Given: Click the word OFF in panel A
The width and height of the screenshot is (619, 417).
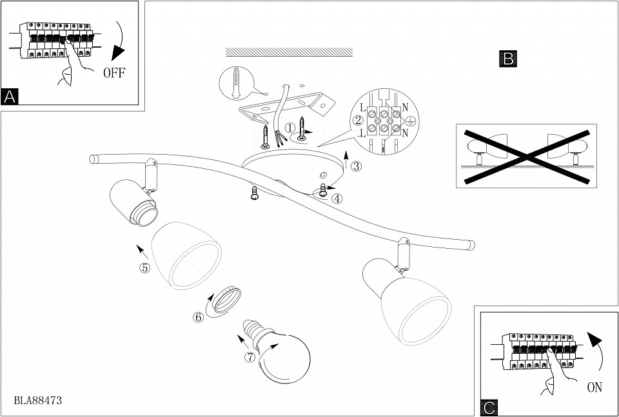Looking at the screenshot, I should pos(113,72).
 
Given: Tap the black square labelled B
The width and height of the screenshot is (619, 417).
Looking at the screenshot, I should pos(508,59).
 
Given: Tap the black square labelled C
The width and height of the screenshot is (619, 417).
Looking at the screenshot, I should pos(489,407).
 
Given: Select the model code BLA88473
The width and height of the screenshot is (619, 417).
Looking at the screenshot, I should pos(37,400).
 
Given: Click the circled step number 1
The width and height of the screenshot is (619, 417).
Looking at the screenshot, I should pos(290,128).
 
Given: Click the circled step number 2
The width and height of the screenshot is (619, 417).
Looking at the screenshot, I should pos(357,121).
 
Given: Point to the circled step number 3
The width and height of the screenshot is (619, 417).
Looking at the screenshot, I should pos(357,165).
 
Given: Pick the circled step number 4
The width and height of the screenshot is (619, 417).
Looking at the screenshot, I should pos(337,198).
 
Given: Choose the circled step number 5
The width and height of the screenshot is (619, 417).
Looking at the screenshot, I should pos(144,267).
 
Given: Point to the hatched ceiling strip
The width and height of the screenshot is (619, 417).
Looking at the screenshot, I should pos(289,52).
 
